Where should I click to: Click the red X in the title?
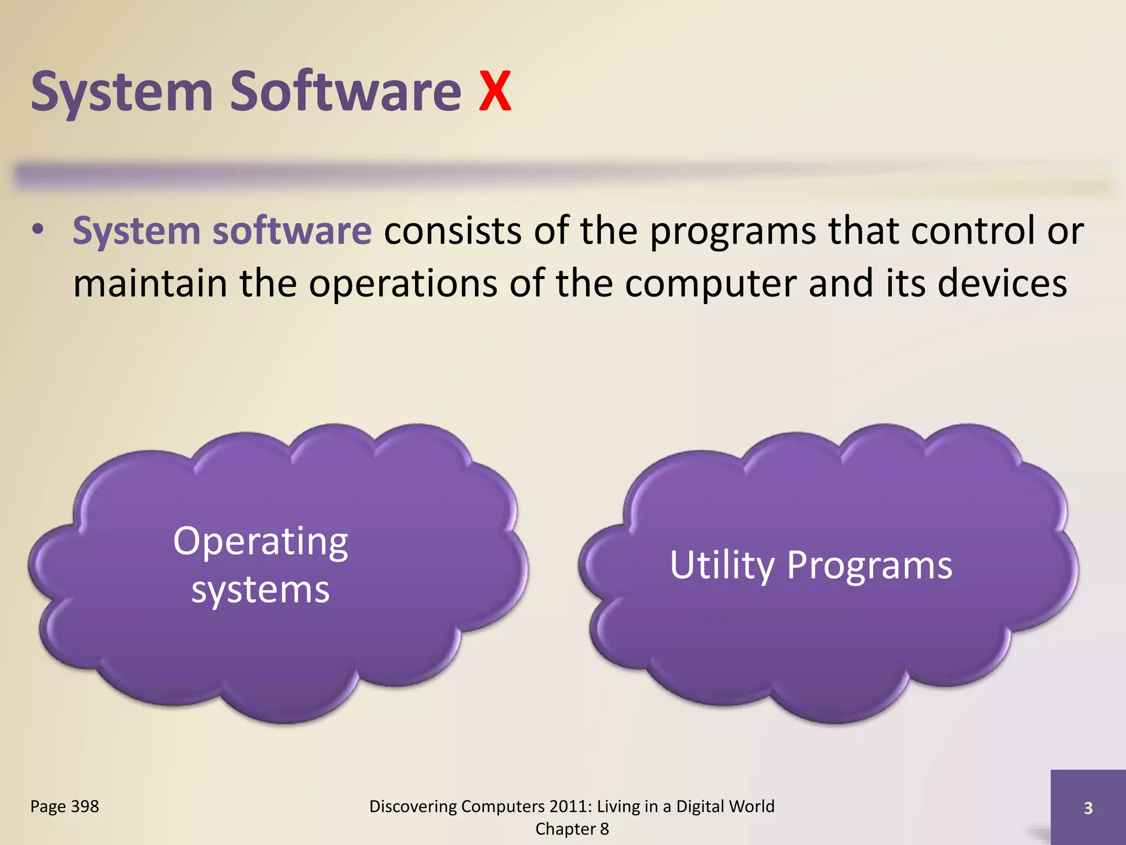(495, 92)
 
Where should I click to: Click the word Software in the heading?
(345, 92)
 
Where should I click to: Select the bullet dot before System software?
(37, 230)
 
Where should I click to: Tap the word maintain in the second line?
(150, 284)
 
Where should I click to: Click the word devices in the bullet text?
(1002, 283)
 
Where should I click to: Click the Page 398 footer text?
(64, 806)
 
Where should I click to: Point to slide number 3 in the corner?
(1088, 808)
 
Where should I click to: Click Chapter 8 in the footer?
(572, 829)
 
